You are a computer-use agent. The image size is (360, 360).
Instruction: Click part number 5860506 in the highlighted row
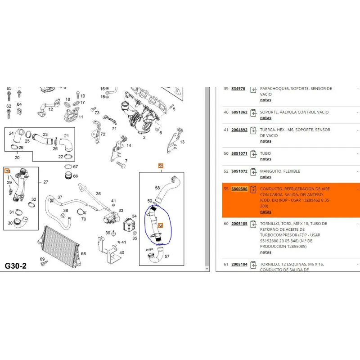(239, 189)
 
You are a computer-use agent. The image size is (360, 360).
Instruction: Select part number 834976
(238, 89)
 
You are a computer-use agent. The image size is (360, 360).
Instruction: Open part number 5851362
(239, 112)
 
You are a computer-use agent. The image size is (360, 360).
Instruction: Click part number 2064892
(239, 130)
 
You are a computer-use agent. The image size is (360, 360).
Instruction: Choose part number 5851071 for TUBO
(239, 153)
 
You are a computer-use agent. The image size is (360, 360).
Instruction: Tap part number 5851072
(239, 171)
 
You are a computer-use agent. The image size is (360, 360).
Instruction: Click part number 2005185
(239, 223)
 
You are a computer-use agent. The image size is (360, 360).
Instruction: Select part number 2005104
(239, 264)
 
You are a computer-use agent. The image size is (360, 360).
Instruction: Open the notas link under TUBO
(265, 159)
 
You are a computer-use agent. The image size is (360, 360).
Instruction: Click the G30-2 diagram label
(16, 265)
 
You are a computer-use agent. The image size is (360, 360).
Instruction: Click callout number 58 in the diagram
(157, 187)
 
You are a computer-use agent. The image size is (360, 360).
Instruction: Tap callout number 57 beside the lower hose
(167, 256)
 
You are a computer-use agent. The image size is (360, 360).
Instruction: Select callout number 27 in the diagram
(45, 182)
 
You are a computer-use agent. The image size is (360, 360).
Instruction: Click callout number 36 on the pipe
(98, 193)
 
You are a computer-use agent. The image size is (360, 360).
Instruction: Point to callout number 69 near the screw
(42, 259)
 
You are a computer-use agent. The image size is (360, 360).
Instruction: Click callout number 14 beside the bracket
(129, 145)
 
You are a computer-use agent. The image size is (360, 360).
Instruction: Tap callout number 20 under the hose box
(17, 157)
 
